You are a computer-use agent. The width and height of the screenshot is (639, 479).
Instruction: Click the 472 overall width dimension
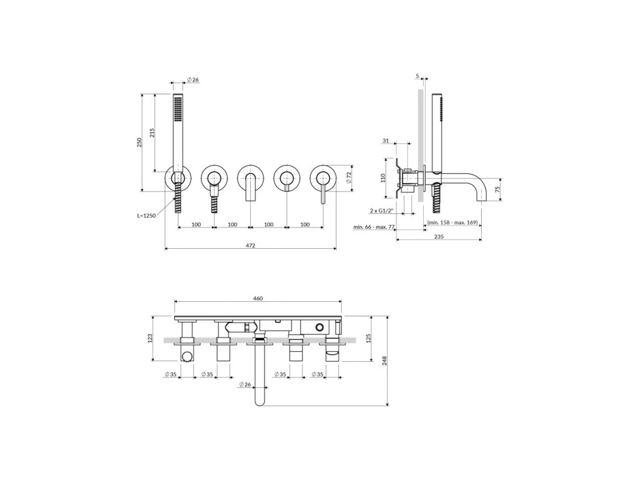coord(250,245)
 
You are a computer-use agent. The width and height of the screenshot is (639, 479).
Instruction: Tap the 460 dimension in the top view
coord(258,298)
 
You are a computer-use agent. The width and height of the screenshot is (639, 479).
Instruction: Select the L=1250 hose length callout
coord(146,216)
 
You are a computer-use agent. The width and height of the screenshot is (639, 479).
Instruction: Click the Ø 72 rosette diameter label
coord(348,177)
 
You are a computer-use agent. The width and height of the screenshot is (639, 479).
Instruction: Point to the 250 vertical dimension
coord(139,142)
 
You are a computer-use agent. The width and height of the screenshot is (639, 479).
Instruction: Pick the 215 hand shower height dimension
coord(152,133)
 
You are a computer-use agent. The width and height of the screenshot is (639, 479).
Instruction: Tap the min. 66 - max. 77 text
coord(374,227)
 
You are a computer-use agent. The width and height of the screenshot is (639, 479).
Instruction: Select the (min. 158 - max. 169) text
coord(453,223)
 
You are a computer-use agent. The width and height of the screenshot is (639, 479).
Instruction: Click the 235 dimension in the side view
coord(439,236)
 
